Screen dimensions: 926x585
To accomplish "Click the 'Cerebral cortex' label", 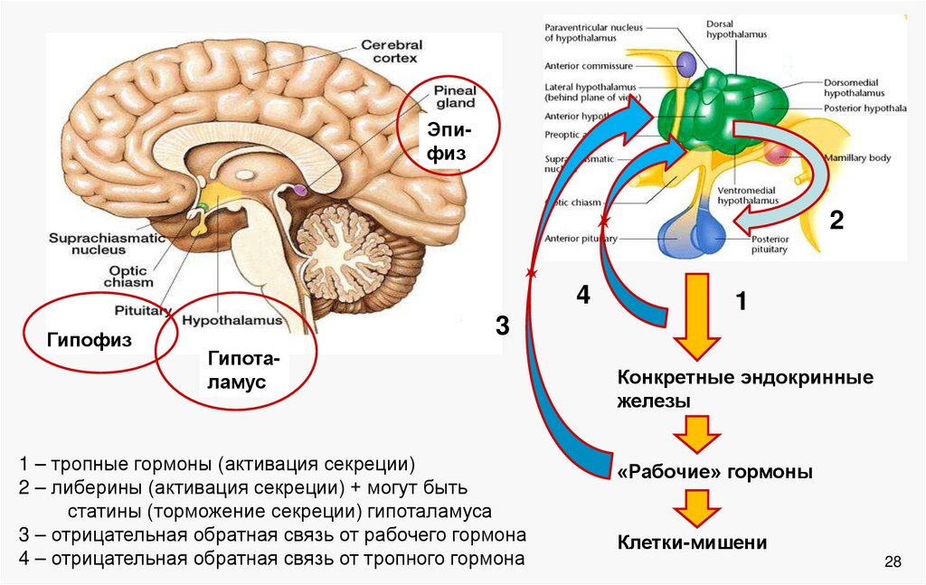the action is [x=390, y=52].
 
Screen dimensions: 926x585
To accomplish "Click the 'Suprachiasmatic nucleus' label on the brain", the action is [x=108, y=243].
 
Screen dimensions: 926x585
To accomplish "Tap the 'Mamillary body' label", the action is [x=856, y=158].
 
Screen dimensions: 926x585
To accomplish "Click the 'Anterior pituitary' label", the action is [x=581, y=239].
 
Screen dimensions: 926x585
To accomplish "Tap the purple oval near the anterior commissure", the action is [x=686, y=63].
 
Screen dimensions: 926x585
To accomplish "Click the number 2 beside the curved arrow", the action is [x=836, y=221].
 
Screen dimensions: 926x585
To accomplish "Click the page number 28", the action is [x=893, y=563].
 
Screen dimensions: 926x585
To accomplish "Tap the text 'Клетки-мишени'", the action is [x=693, y=543].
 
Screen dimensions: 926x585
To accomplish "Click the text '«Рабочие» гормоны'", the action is [x=714, y=472].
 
